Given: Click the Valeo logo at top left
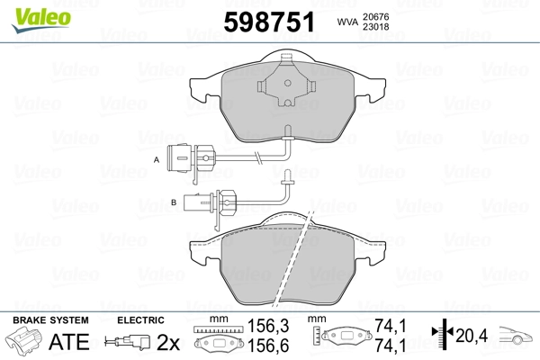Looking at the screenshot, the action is [x=41, y=20].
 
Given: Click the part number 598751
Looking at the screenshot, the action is [x=269, y=22].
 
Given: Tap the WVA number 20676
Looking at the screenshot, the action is [x=375, y=16].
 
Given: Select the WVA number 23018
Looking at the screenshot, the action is [x=375, y=26].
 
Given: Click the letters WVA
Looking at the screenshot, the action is [x=348, y=22].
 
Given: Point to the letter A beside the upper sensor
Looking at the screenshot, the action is [x=157, y=159].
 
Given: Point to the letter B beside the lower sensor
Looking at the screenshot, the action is [x=174, y=202].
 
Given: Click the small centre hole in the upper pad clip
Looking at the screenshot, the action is [x=288, y=83].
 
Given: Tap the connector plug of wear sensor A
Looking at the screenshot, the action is [x=191, y=157].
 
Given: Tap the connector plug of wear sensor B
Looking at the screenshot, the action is [x=210, y=202].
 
